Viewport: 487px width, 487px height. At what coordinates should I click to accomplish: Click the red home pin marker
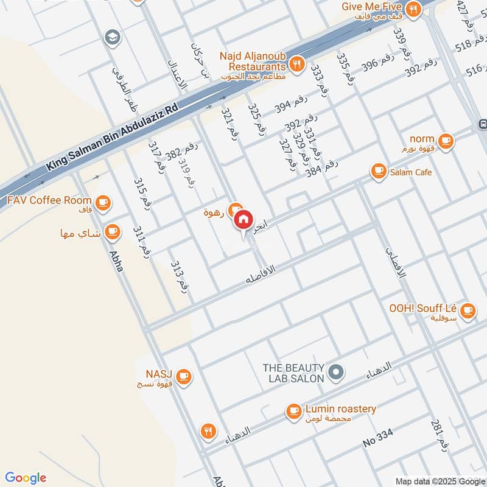point(243,220)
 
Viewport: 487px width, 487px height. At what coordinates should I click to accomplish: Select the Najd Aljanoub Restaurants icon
point(298,64)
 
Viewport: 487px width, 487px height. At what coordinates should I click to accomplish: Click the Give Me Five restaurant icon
point(414,9)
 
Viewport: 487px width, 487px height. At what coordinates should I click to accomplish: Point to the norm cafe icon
point(446,141)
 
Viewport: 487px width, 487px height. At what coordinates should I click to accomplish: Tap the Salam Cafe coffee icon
point(379,172)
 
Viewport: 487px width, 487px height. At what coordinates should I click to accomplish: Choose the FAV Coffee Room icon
point(102,201)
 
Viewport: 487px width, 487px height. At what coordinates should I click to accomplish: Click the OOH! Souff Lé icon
point(468,311)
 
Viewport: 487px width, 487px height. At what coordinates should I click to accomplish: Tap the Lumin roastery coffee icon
point(294,412)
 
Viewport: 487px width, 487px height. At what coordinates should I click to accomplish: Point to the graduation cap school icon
point(111,38)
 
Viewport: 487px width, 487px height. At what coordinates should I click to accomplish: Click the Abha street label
point(116,261)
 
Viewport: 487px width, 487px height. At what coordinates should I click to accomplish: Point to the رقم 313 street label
point(178,275)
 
